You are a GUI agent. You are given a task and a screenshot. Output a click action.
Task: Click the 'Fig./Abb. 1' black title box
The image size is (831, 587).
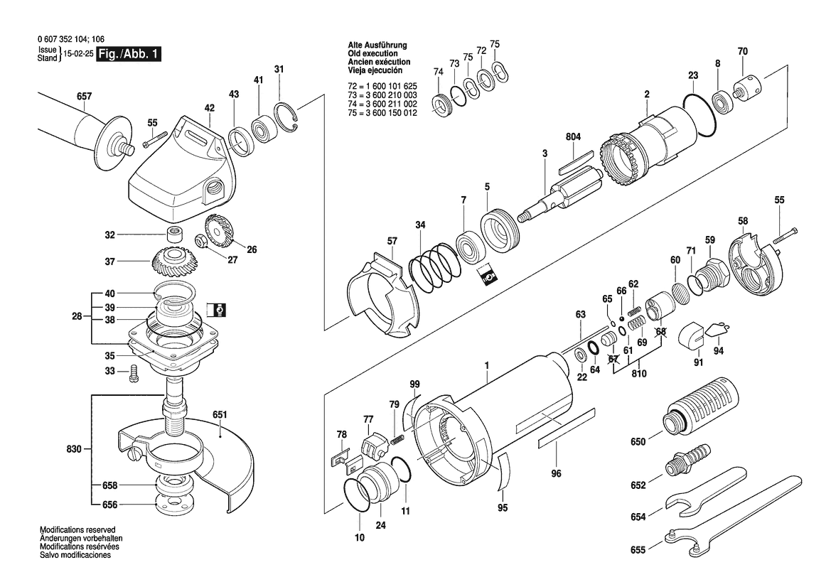coord(128,54)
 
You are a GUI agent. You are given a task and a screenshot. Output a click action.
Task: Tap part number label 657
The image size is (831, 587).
coord(85,97)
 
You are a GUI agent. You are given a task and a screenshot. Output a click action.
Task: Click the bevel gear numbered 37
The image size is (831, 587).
coord(173,263)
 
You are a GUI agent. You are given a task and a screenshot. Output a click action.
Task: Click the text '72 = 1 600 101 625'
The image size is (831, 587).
coord(382,87)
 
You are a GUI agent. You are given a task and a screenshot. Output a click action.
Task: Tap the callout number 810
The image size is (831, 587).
coord(639,374)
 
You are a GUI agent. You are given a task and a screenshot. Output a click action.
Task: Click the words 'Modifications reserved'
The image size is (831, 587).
coord(77,529)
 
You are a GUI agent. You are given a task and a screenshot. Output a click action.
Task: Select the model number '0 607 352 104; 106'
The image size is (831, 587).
coord(71,38)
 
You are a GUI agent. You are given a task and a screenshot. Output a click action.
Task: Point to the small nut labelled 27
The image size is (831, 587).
coord(201,240)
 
